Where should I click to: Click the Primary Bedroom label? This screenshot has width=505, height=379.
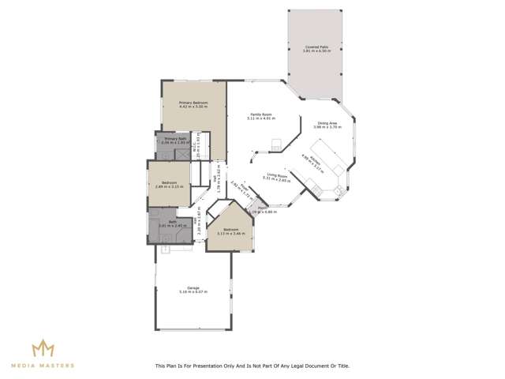coord(193,103)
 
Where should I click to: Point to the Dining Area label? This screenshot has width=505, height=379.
coord(327,122)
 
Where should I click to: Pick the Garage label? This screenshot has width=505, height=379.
coord(193,287)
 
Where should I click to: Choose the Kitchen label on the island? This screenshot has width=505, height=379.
coord(314,159)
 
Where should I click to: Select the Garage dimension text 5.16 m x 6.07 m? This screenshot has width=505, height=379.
coord(193,292)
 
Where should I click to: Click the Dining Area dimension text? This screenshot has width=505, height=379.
coord(327,127)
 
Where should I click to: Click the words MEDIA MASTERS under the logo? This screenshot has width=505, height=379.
coord(43,366)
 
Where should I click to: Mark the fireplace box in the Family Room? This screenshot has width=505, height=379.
coord(275,144)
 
